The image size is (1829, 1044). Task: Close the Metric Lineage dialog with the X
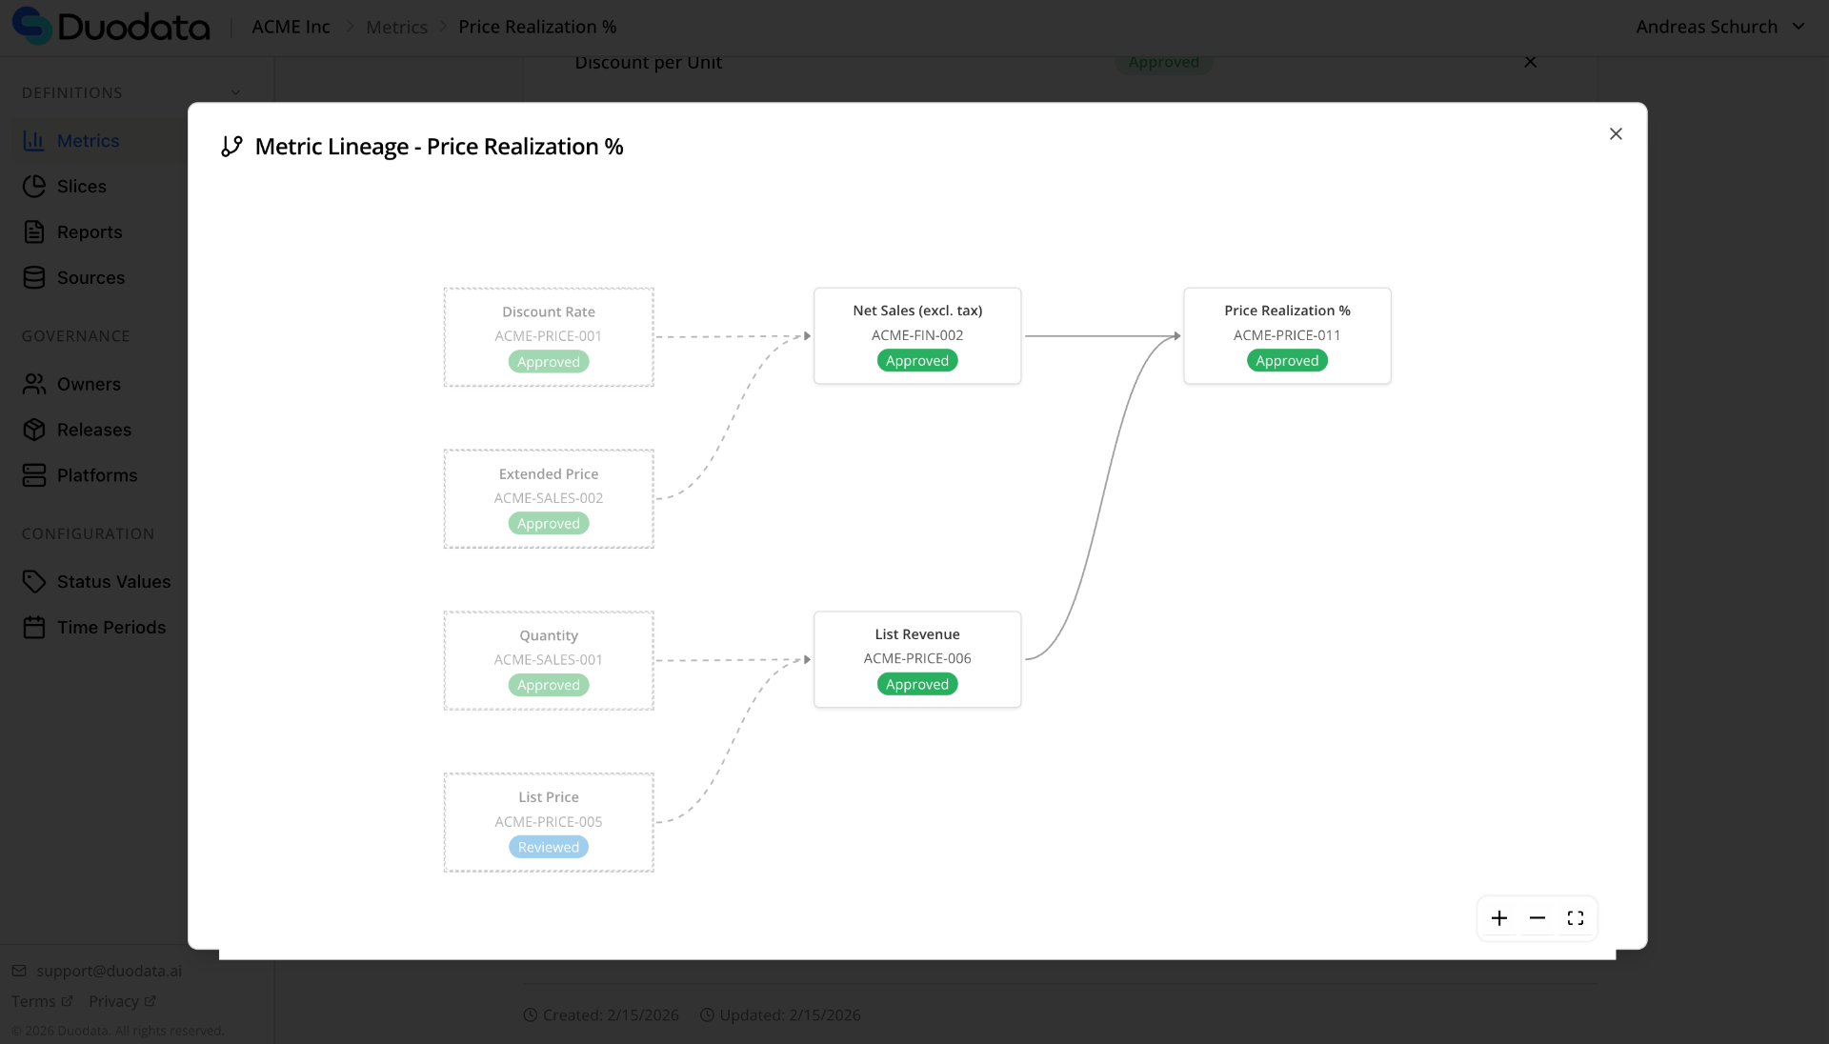tap(1616, 134)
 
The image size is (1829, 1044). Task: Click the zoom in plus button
tap(1499, 918)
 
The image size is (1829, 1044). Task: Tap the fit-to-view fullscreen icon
tap(1576, 918)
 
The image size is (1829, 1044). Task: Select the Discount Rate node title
tap(549, 312)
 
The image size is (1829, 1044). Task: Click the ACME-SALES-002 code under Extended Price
tap(549, 498)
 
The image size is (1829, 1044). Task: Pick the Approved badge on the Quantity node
tap(549, 686)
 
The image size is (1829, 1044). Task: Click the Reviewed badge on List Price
tap(549, 848)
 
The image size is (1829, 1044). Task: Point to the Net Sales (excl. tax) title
tap(917, 311)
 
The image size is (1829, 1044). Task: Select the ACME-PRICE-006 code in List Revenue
tap(917, 658)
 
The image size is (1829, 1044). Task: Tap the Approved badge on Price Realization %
tap(1287, 361)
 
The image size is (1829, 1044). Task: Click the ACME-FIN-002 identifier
tap(917, 335)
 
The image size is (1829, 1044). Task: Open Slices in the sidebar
tap(81, 187)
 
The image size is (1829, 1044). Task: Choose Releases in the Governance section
tap(93, 431)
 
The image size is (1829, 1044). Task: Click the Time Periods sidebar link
tap(111, 628)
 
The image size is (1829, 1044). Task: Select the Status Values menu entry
tap(113, 582)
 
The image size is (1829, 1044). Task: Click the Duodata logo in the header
tap(111, 27)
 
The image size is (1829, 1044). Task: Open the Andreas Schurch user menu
tap(1719, 27)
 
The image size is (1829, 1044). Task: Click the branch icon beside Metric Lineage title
tap(231, 147)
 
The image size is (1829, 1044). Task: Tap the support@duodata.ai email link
tap(109, 972)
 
